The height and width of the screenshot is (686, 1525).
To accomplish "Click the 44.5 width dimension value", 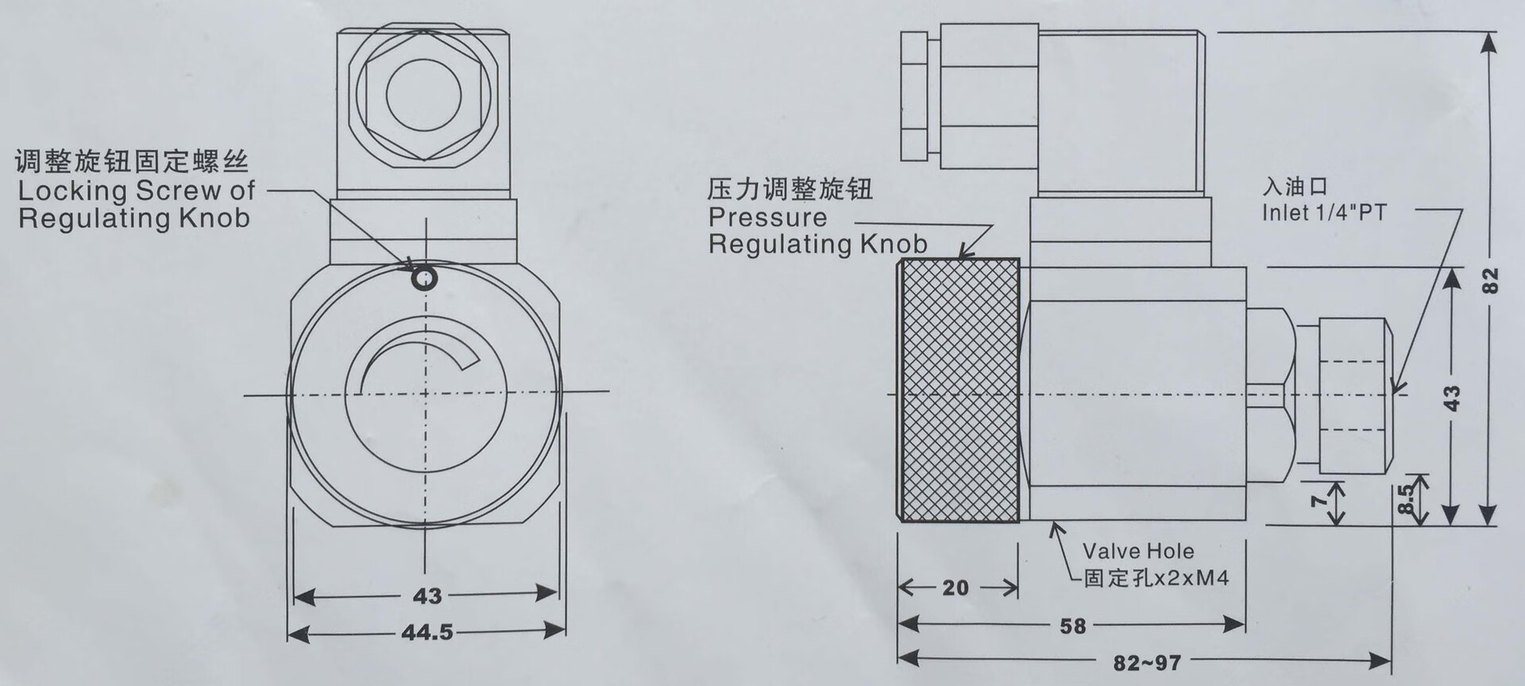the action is pos(427,632).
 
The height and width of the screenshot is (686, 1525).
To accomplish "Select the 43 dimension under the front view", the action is pos(427,595).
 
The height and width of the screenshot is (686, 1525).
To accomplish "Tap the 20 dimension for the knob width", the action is pos(956,588).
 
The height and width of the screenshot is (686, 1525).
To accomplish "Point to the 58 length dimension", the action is pos(1072,626).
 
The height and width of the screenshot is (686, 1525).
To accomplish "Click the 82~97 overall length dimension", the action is pos(1147,662).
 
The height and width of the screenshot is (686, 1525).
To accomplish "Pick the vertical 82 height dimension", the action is pos(1491,279).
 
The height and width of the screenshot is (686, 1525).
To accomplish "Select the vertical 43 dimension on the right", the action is pos(1451,397).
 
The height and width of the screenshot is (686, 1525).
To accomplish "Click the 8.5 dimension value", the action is pos(1406,499).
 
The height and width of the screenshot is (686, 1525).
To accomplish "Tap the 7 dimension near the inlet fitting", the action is pos(1318,500).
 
